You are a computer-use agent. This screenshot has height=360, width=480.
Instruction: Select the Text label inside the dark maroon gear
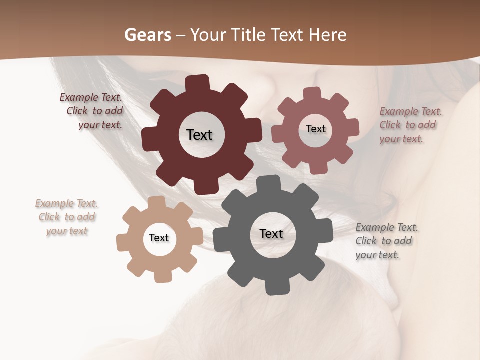click(x=199, y=135)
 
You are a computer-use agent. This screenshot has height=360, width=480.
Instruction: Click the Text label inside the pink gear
click(x=315, y=129)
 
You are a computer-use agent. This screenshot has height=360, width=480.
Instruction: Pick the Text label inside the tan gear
click(x=159, y=238)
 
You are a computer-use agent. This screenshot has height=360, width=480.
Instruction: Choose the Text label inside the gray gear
click(x=271, y=233)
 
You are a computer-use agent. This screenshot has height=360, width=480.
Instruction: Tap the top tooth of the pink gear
click(x=312, y=93)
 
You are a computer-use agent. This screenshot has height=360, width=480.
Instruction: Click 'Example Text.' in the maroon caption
click(x=91, y=97)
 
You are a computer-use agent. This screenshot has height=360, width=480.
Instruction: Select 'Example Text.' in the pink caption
click(x=411, y=111)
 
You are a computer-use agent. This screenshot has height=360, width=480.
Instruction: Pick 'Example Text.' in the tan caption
click(x=66, y=203)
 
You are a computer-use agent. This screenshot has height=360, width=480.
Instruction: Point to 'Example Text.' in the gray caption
click(x=387, y=227)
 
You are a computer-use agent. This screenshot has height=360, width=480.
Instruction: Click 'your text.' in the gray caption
click(x=377, y=254)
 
